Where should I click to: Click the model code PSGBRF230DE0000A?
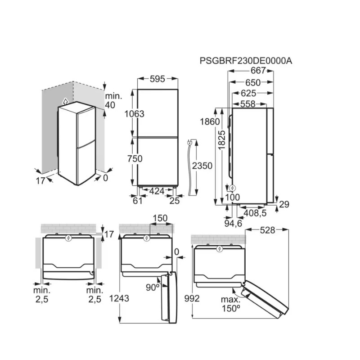point(246,61)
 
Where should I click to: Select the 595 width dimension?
point(157,79)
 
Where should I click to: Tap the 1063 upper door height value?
point(135,114)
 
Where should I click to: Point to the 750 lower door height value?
point(135,158)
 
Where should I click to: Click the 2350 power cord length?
point(202,166)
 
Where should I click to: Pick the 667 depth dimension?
point(258,71)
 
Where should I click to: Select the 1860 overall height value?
point(210,122)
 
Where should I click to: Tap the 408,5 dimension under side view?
point(255,212)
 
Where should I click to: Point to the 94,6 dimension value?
point(233,223)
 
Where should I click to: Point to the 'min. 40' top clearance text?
point(110,101)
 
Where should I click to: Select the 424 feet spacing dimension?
point(157,191)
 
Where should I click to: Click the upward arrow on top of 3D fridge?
point(65,101)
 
